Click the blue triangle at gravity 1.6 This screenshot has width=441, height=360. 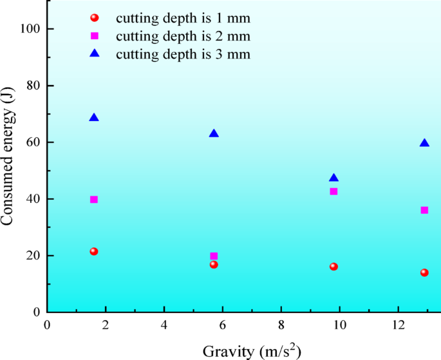click(94, 118)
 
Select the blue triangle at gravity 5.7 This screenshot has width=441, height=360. click(214, 133)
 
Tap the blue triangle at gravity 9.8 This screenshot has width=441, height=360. click(333, 178)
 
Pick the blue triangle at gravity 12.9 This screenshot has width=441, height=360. click(424, 143)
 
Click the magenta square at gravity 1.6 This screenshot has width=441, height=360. click(94, 200)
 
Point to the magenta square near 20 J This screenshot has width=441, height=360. click(214, 256)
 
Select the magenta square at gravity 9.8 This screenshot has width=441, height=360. click(333, 191)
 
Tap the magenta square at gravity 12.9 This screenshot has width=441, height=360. click(424, 210)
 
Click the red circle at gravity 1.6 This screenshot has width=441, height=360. click(94, 251)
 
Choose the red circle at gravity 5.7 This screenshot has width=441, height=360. click(214, 265)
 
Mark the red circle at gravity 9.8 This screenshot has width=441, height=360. click(333, 267)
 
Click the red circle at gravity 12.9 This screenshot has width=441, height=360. click(424, 272)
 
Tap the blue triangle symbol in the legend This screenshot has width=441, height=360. click(95, 53)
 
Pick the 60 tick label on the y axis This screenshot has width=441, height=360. click(33, 142)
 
